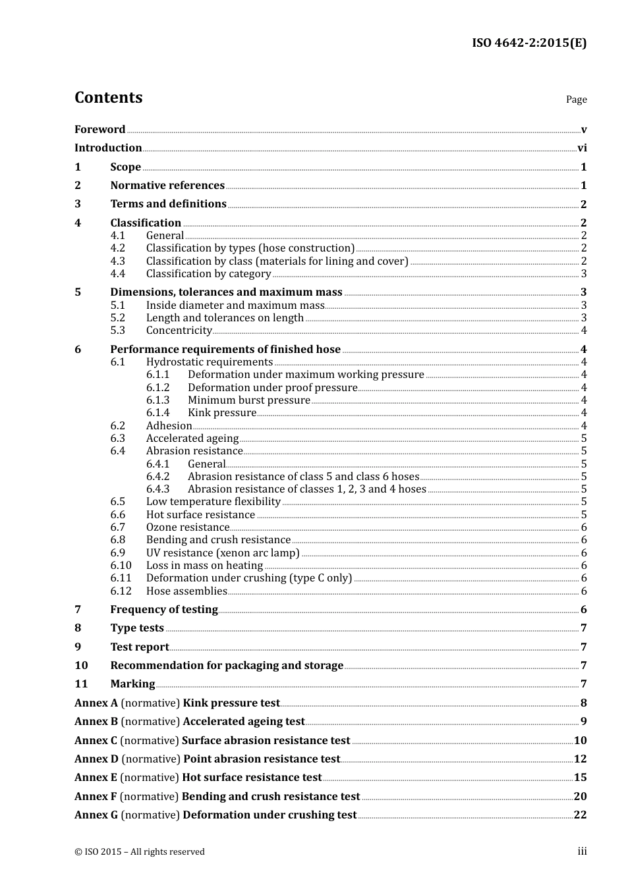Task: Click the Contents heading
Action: (108, 97)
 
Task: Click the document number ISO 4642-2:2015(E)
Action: (528, 43)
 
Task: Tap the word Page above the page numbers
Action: (576, 99)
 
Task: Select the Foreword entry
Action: (100, 130)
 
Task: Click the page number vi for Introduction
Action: (582, 148)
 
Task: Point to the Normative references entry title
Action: (167, 186)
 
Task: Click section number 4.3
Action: (118, 261)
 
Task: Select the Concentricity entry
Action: (179, 331)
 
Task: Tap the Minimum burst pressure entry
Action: (248, 400)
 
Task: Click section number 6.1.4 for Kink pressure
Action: (157, 413)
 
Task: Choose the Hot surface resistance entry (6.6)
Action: (200, 515)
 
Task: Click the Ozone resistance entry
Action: (187, 527)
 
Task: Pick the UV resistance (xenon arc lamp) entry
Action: (223, 553)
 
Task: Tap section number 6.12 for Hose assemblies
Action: (121, 591)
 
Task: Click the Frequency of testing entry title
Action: (164, 610)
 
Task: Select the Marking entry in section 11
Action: (132, 684)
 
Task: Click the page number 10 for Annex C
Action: (580, 741)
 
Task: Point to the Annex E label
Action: (96, 778)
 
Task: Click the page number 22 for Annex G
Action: (580, 815)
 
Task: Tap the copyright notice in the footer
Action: (140, 852)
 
